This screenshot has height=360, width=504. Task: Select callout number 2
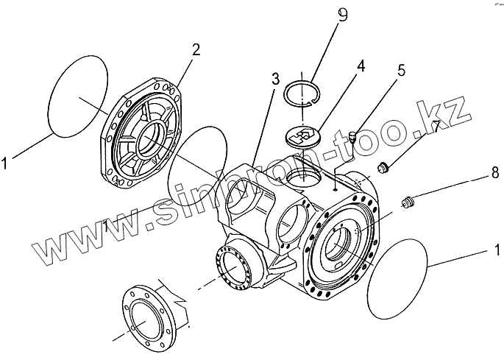click(x=196, y=50)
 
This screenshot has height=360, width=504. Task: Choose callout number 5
click(x=400, y=71)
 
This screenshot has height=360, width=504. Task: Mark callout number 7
click(x=436, y=127)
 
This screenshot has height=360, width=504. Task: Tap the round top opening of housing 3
click(x=301, y=175)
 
